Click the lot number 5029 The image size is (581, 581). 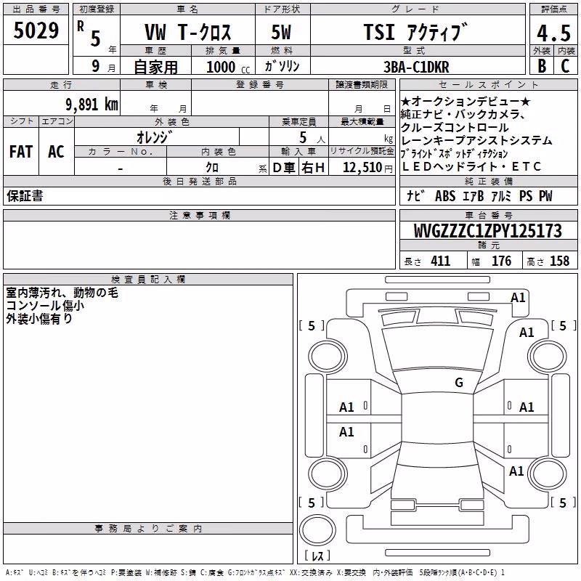[36, 31]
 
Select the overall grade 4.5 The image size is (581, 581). [553, 33]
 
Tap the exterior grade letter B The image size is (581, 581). [542, 66]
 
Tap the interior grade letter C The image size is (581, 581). [565, 66]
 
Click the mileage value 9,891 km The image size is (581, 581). [92, 105]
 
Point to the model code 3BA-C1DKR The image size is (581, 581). [416, 67]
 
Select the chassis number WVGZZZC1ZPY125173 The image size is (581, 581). [487, 231]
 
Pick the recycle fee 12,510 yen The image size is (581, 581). [367, 168]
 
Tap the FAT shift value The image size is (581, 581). [21, 152]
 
